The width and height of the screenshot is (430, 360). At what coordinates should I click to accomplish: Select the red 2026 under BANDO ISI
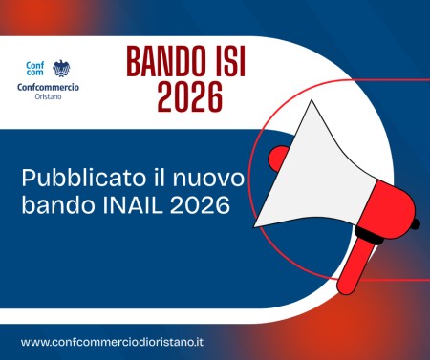pos(184,95)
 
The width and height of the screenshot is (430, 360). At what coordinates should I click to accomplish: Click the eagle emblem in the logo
pos(60,69)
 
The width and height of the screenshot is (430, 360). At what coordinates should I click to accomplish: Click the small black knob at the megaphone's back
pos(416,225)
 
